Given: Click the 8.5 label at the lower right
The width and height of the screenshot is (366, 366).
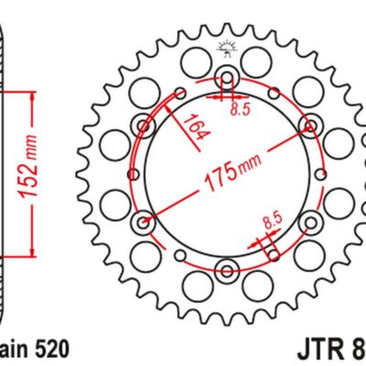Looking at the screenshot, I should (x=272, y=220).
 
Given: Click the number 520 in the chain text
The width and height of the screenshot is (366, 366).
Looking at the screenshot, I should (x=49, y=348).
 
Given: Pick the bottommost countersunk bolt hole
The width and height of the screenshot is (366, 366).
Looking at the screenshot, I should (x=226, y=269).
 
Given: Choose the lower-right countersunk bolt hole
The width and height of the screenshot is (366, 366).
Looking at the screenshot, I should (x=310, y=221).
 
